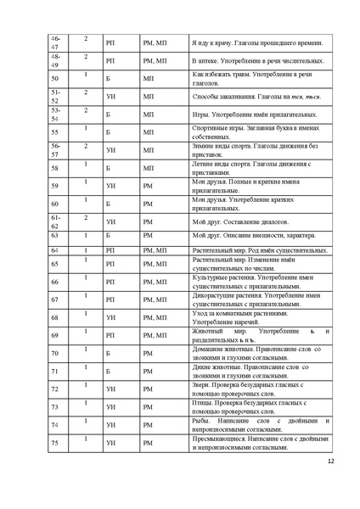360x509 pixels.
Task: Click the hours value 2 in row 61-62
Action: pos(86,218)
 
